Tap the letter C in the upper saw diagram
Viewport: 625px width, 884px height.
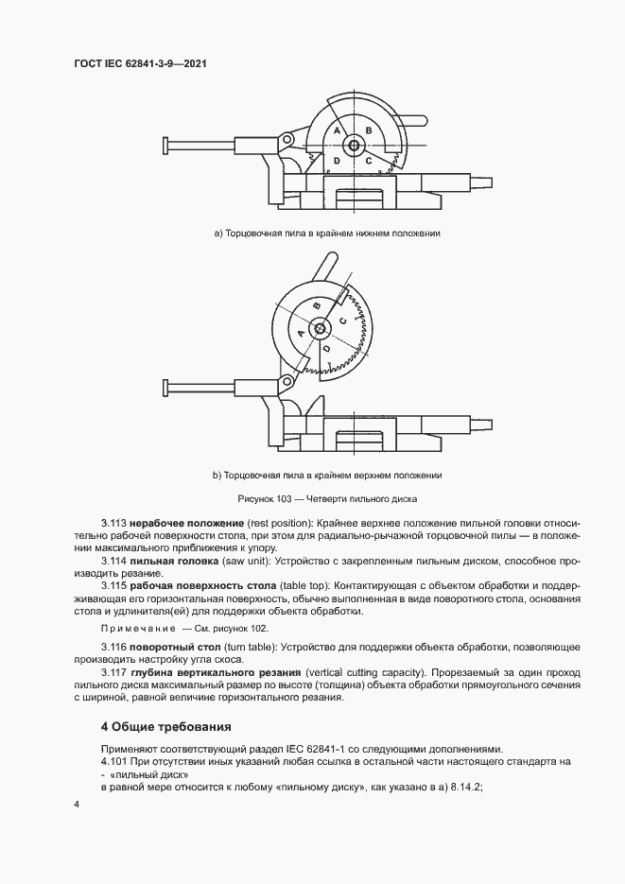(368, 161)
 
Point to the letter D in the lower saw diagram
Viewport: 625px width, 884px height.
(326, 349)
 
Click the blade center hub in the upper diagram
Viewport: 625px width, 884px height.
(354, 145)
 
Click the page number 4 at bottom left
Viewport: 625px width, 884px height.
(77, 804)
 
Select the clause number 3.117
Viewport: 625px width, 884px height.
(113, 672)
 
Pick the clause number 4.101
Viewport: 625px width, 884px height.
(115, 759)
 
